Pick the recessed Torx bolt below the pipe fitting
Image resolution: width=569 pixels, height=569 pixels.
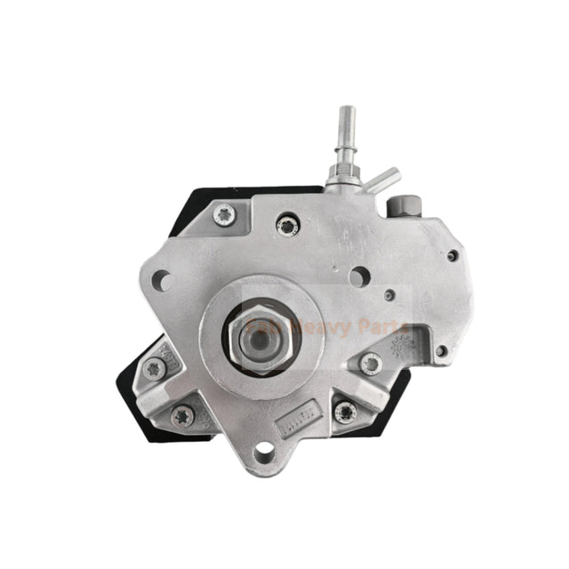coord(287,226)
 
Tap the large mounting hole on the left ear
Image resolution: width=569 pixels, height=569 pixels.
coord(161,280)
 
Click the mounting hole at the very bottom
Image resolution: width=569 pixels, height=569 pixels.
coord(264,456)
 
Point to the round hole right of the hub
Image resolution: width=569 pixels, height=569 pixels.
coord(357,278)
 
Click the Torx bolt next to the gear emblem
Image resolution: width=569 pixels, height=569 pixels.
coord(370,363)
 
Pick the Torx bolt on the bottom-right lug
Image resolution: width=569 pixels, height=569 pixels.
coord(344,411)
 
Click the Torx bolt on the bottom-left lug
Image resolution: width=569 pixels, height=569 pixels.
coord(183,414)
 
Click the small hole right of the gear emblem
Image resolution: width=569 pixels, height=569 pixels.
coord(442,351)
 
